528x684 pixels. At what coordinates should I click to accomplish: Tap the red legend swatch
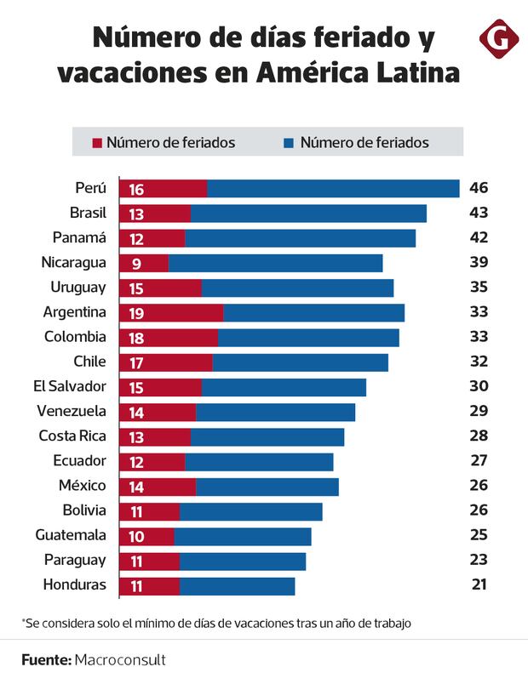point(97,143)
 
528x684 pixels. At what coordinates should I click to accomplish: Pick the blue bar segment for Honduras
point(237,586)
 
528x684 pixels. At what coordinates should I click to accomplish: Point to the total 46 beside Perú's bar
point(479,188)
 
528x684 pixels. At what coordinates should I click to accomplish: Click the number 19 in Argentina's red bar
point(136,313)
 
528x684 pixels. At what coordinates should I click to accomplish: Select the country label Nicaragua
point(74,262)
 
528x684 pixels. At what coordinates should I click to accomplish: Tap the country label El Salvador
point(70,386)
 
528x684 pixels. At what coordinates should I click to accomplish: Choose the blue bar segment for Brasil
point(308,214)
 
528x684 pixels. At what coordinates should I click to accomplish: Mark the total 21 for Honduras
point(479,585)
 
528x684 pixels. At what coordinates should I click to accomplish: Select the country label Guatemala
point(71,535)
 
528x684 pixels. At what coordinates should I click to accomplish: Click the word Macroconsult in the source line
point(119,659)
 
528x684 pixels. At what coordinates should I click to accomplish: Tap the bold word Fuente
point(46,659)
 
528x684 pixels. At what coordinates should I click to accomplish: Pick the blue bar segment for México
point(267,487)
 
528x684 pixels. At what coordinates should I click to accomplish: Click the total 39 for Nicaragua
point(479,263)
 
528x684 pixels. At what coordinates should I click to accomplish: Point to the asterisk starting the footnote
point(24,621)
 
